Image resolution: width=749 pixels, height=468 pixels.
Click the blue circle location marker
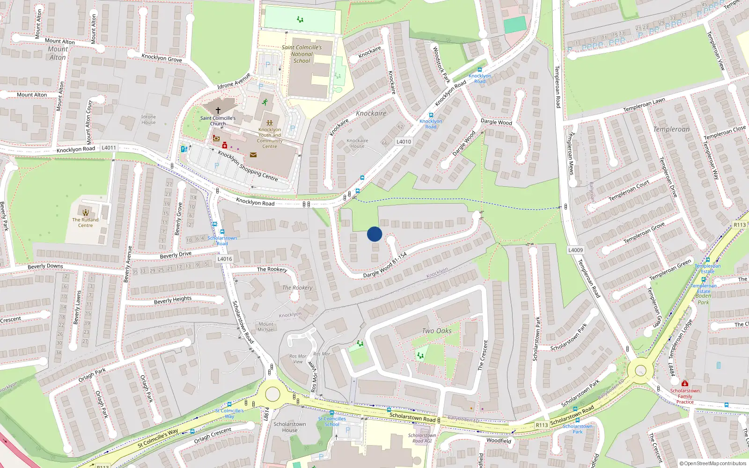[x=374, y=234]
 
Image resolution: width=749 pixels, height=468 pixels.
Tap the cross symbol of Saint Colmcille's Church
[x=218, y=110]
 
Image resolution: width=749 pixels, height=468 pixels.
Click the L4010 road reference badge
[x=404, y=142]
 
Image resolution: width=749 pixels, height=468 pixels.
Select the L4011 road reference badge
[x=109, y=148]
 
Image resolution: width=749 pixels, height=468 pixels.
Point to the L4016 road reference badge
[x=225, y=259]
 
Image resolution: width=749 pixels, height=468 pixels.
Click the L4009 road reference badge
[x=575, y=250]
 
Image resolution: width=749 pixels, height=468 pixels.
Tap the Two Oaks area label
[x=437, y=331]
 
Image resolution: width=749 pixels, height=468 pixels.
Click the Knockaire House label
[x=357, y=143]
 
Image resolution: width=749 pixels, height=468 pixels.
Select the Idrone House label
[x=148, y=120]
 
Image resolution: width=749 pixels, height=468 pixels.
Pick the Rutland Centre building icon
[x=85, y=212]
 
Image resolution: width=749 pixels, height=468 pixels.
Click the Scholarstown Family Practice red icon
[x=684, y=384]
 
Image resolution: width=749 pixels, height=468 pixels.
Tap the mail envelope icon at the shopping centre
[x=253, y=155]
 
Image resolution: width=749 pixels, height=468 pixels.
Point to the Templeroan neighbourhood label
[x=671, y=129]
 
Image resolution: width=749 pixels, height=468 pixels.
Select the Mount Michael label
[x=266, y=327]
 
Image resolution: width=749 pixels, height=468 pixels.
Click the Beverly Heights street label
[x=173, y=300]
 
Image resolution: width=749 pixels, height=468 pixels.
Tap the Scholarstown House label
[x=290, y=427]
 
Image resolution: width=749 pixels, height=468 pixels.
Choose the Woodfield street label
[x=499, y=441]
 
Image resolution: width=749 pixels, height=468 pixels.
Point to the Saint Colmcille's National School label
[x=301, y=54]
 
